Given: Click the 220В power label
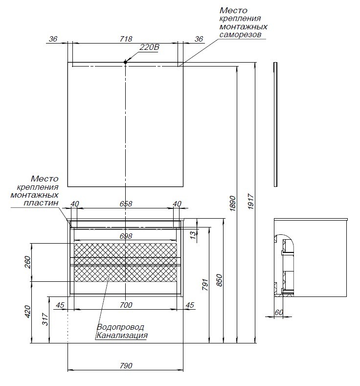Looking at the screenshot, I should [x=150, y=47].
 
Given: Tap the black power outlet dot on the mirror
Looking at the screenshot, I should [x=126, y=62].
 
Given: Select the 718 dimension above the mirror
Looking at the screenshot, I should [x=126, y=38].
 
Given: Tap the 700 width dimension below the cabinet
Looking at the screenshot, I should [x=126, y=305].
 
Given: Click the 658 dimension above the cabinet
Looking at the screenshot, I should [x=126, y=204].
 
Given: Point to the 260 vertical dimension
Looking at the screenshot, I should [x=27, y=262].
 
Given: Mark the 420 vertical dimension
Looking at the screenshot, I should [x=27, y=311].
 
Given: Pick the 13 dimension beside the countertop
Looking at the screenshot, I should [x=193, y=234].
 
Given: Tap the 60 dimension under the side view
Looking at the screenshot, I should [x=279, y=312].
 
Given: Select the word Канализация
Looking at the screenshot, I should [x=122, y=336].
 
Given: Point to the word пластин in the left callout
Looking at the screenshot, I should [x=43, y=203].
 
